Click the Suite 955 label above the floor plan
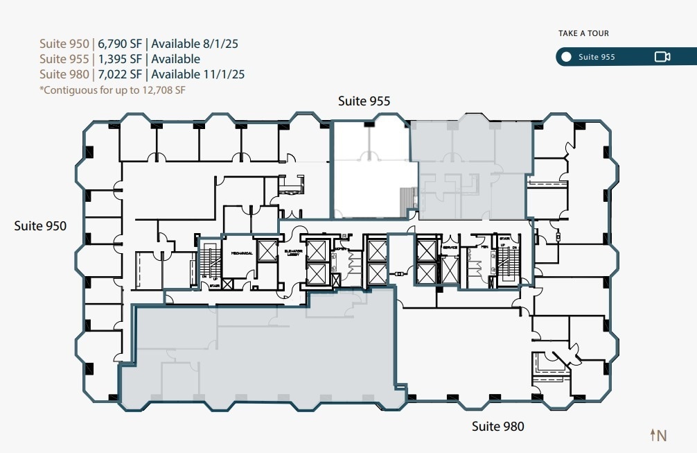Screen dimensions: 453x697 tap(364, 101)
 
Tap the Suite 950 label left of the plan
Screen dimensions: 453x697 tap(40, 225)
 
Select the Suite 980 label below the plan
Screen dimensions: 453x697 tap(497, 426)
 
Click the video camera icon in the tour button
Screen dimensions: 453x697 tap(662, 57)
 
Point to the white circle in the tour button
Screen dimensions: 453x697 tap(567, 57)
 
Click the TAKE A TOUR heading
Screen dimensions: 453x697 tap(583, 33)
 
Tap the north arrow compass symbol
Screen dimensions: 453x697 tap(658, 435)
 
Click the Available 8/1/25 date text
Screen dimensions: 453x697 tap(195, 44)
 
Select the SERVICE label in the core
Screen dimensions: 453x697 tap(450, 248)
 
